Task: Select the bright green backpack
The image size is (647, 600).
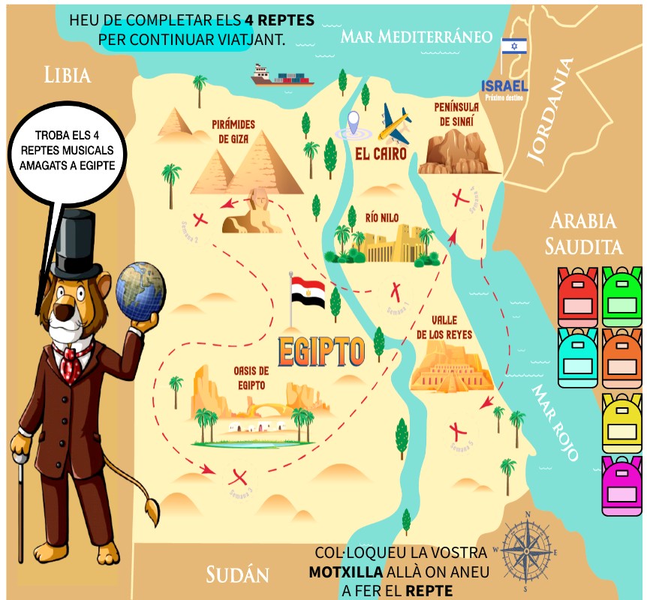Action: pyautogui.click(x=624, y=293)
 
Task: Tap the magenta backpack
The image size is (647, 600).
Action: pyautogui.click(x=624, y=487)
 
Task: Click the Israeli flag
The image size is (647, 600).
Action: pyautogui.click(x=514, y=46)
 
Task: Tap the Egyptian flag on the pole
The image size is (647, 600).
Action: pyautogui.click(x=308, y=289)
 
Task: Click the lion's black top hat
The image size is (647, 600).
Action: pyautogui.click(x=72, y=241)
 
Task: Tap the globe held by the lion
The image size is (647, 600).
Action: pyautogui.click(x=140, y=289)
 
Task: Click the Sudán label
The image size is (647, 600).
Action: pyautogui.click(x=237, y=575)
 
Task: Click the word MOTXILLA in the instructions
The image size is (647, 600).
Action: pyautogui.click(x=346, y=573)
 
